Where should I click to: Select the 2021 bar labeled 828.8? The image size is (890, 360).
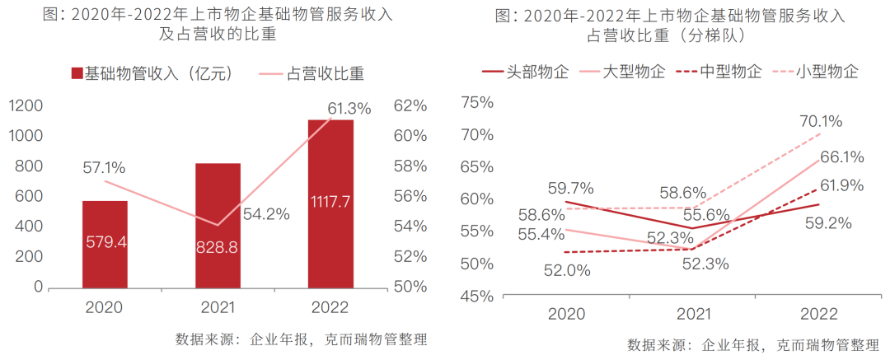pyautogui.click(x=218, y=225)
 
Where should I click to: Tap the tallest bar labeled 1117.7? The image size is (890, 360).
pyautogui.click(x=330, y=203)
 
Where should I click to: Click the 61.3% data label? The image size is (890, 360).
pyautogui.click(x=349, y=108)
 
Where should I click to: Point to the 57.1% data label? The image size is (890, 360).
pyautogui.click(x=104, y=168)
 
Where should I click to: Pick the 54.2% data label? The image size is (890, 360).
pyautogui.click(x=266, y=214)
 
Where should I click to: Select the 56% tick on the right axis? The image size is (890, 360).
pyautogui.click(x=410, y=196)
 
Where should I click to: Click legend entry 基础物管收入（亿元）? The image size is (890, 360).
pyautogui.click(x=157, y=73)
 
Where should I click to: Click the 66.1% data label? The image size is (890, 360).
pyautogui.click(x=842, y=157)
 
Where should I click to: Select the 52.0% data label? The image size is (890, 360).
pyautogui.click(x=566, y=269)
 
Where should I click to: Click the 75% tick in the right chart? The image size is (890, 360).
pyautogui.click(x=475, y=102)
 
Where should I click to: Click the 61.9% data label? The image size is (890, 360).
pyautogui.click(x=842, y=186)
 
